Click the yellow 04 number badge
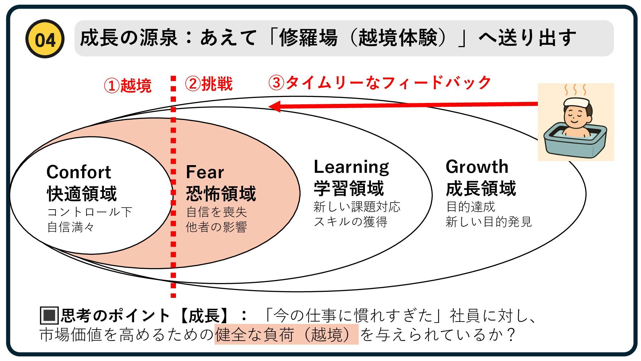tap(45, 39)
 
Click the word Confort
tap(78, 172)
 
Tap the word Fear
tap(205, 172)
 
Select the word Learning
tap(351, 167)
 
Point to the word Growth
tap(477, 167)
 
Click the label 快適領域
tap(82, 194)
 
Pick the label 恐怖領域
tap(221, 194)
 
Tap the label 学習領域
tap(349, 188)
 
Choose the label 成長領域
tap(481, 188)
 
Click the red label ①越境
tap(128, 85)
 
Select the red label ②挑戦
tap(209, 84)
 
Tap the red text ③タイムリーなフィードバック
tap(380, 83)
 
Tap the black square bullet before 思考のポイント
tap(49, 315)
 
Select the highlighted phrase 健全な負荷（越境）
tap(286, 334)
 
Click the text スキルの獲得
tap(351, 222)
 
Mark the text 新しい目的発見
tap(488, 222)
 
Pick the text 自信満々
tap(71, 227)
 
